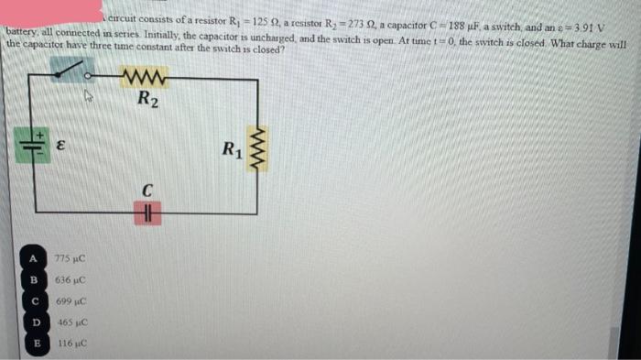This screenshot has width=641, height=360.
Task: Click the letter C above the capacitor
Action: click(x=146, y=191)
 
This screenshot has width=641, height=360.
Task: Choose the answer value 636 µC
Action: click(x=71, y=280)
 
